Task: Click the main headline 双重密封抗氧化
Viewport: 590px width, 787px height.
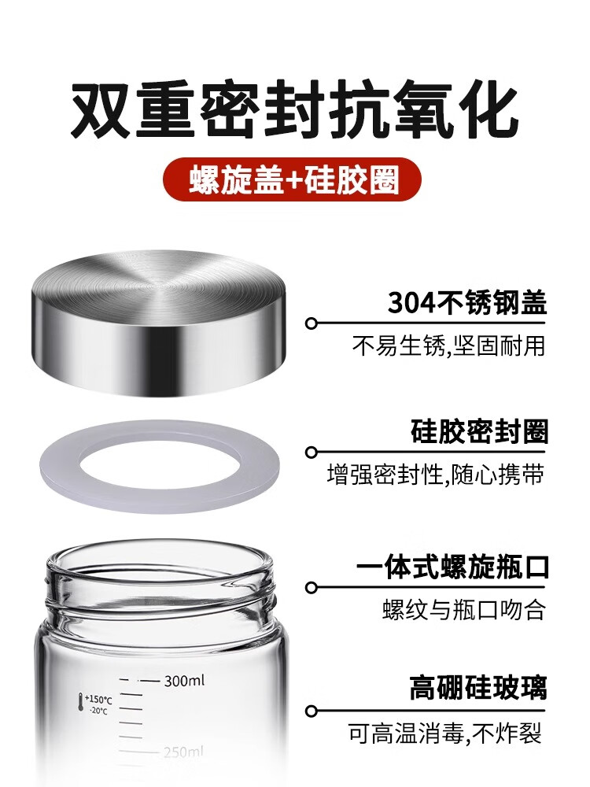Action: [x=294, y=110]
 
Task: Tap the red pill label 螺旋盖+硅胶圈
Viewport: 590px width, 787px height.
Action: [x=293, y=179]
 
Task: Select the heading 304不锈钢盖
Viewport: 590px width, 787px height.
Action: [x=467, y=302]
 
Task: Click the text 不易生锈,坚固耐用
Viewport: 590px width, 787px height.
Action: [x=448, y=345]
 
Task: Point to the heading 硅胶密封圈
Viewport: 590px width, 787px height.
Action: [x=479, y=431]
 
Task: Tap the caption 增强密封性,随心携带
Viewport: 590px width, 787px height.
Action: [x=436, y=475]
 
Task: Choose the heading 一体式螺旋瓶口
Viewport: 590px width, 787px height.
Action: [x=453, y=567]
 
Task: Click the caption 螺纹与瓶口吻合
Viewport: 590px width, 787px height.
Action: [x=463, y=611]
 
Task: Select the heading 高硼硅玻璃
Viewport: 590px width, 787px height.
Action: [x=478, y=688]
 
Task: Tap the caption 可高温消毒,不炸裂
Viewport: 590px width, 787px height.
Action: [x=445, y=734]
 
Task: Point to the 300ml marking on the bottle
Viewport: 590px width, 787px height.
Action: [x=184, y=681]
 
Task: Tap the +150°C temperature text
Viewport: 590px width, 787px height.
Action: [x=98, y=700]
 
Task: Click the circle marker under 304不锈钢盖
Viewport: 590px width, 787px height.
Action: [x=312, y=323]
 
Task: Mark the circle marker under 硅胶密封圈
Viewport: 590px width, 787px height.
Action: [x=312, y=453]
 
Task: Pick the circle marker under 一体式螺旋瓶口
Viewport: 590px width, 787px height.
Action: [x=312, y=587]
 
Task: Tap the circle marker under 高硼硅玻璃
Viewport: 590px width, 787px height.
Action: [x=312, y=711]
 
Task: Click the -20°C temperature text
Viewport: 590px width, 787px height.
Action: [x=98, y=710]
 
